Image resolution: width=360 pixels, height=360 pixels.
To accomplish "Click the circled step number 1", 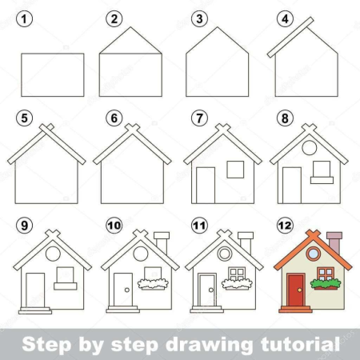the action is [24, 19].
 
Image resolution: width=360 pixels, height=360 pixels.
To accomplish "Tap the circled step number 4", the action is [285, 19].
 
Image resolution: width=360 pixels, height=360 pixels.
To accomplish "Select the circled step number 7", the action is [199, 118].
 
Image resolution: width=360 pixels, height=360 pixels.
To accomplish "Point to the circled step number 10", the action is [114, 226].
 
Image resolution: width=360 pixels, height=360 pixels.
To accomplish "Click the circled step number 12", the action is [285, 226].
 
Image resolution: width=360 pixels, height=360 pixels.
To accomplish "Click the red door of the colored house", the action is [296, 290].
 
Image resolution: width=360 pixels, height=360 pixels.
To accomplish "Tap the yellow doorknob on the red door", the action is [300, 290].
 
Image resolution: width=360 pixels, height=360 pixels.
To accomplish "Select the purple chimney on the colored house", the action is [334, 243].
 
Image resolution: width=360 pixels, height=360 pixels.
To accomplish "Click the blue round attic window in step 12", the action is [314, 254].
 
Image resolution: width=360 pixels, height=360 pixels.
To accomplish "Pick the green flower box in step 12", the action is [326, 284].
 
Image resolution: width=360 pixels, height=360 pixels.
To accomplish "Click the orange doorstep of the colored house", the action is [295, 310].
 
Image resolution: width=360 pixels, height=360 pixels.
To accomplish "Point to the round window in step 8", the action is [310, 147].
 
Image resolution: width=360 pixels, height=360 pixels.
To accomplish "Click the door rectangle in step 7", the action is [206, 186].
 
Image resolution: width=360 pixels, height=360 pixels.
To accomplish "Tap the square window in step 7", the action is [235, 170].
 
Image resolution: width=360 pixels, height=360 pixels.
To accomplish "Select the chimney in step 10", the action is [162, 243].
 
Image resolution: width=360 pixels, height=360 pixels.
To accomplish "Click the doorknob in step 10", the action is [127, 290].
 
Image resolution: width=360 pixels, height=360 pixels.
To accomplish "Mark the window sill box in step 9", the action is [66, 286].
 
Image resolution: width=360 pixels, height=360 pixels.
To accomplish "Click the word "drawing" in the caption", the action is [209, 345].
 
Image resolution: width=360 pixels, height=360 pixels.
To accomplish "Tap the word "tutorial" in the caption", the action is [300, 344].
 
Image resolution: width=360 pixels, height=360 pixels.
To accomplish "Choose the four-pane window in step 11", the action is [237, 274].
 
